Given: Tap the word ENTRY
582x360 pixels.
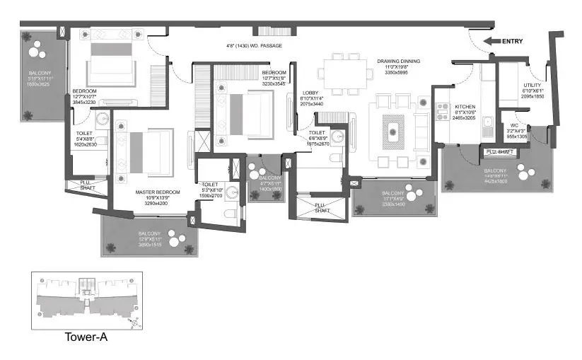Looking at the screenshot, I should coord(513,42).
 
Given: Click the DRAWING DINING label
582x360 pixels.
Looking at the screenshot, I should coord(398,62).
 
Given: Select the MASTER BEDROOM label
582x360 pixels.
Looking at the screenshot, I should coord(158,192).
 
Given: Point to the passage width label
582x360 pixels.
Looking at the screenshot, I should coord(254,46).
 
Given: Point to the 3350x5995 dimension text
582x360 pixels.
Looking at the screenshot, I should coord(398,72).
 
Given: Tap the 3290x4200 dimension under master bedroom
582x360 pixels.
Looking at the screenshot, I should coord(158,203).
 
